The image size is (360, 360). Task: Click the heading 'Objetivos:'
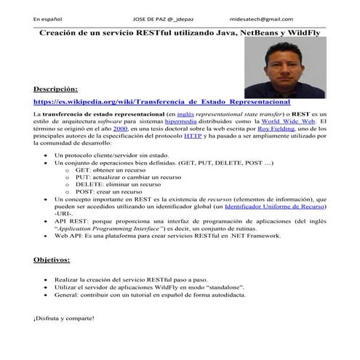[52, 260]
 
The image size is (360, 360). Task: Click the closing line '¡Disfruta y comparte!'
[63, 319]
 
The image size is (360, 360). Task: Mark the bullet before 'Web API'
[48, 236]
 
